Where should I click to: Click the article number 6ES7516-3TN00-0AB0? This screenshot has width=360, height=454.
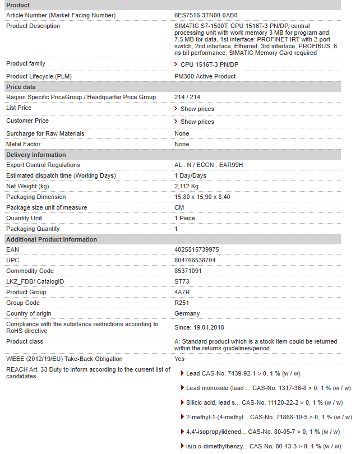click(209, 15)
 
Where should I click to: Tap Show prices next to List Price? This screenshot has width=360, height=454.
click(197, 109)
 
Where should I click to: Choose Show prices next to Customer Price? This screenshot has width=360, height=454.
click(197, 122)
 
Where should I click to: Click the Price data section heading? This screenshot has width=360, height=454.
click(21, 87)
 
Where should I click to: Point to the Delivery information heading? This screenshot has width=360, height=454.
click(36, 155)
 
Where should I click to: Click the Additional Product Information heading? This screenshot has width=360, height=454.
click(52, 239)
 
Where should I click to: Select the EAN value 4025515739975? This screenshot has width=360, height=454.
click(196, 249)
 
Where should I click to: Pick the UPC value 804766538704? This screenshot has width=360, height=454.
click(195, 260)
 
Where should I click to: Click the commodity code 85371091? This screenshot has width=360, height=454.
click(188, 271)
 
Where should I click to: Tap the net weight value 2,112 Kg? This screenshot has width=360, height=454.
click(186, 186)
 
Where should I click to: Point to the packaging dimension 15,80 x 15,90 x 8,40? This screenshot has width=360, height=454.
click(202, 197)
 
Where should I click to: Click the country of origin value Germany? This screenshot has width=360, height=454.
click(187, 313)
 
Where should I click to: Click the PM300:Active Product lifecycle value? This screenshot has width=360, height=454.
click(205, 76)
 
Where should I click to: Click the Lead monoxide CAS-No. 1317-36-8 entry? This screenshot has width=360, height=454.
click(268, 388)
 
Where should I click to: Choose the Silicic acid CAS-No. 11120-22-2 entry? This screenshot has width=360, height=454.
click(263, 402)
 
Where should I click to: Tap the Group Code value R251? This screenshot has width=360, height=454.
click(181, 303)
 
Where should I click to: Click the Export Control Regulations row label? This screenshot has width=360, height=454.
click(43, 165)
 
